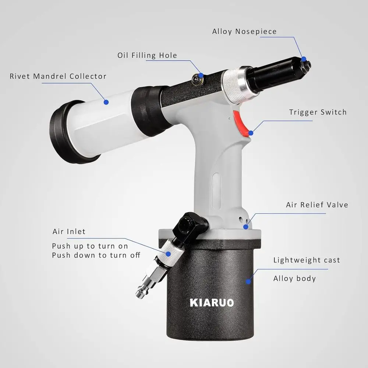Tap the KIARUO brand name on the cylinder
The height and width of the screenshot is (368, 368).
click(212, 302)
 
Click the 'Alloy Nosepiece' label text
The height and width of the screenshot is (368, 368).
click(244, 32)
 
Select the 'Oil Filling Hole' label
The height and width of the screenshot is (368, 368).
click(147, 56)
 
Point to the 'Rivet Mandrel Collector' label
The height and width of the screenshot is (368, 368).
click(58, 77)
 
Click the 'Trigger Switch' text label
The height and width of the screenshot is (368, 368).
click(318, 112)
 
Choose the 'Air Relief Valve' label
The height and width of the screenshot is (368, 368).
click(317, 205)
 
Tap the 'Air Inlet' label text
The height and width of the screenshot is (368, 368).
click(69, 231)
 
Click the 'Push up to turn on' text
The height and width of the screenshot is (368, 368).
click(90, 246)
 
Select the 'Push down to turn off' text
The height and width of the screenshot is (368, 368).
click(96, 255)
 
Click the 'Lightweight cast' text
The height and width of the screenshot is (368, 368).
click(307, 260)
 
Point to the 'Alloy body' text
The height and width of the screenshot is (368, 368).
click(294, 278)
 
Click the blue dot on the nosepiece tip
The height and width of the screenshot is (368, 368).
click(303, 59)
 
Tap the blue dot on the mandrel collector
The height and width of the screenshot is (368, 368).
click(106, 102)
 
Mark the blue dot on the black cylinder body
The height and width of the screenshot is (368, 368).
click(248, 282)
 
